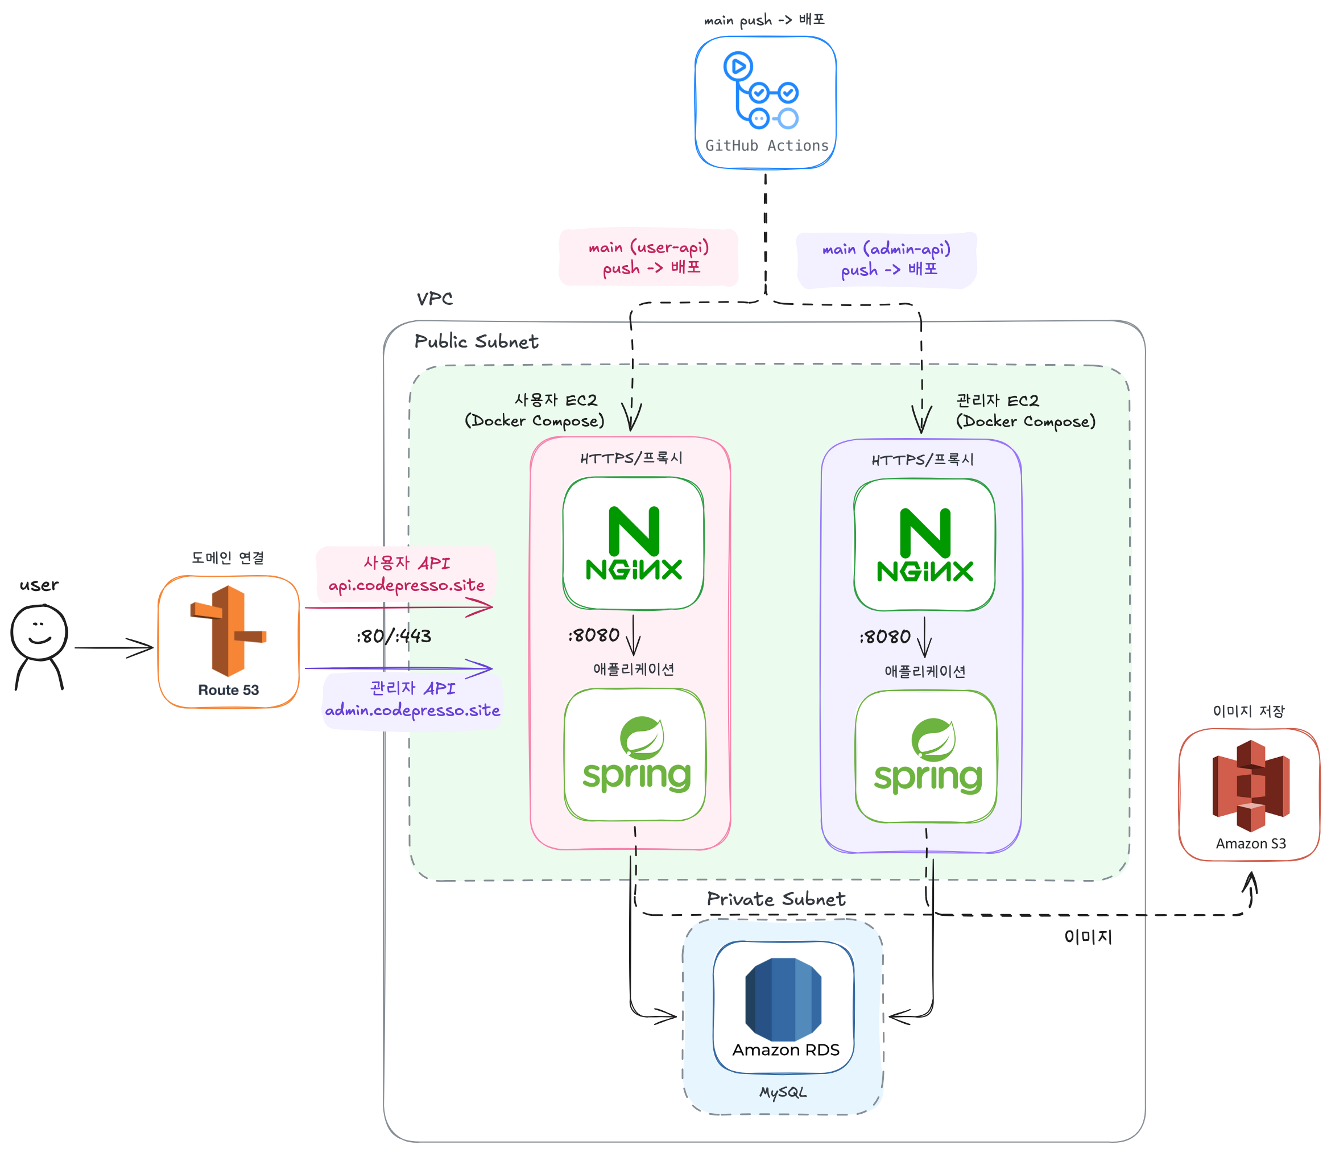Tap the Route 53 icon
tap(228, 631)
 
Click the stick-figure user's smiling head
tap(39, 632)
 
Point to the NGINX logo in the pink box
tap(634, 543)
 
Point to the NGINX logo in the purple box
tap(924, 545)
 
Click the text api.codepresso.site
tap(407, 585)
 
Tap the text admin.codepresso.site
tap(412, 710)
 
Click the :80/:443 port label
tap(394, 637)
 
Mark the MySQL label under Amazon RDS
tap(783, 1093)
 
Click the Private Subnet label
tap(776, 899)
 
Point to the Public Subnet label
tap(476, 341)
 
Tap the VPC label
tap(435, 299)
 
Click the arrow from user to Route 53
tap(114, 647)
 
